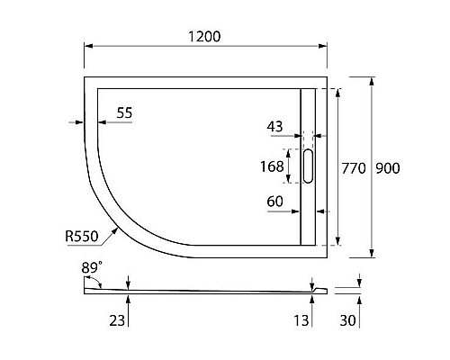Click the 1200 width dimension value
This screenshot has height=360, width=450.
click(x=206, y=36)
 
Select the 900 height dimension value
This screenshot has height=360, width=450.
click(x=388, y=167)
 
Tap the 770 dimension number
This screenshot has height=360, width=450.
click(x=353, y=167)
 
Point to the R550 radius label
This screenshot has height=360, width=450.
click(x=82, y=236)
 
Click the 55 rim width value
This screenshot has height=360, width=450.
click(x=125, y=112)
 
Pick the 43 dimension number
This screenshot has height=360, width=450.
click(x=276, y=127)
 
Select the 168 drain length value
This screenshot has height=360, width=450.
click(x=269, y=166)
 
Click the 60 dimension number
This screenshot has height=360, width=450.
click(x=276, y=202)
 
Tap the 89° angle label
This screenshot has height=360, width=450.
click(x=92, y=267)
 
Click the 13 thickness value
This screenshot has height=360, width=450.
click(x=301, y=319)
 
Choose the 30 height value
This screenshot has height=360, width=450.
click(x=347, y=319)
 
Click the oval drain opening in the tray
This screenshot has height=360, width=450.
click(x=310, y=166)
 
